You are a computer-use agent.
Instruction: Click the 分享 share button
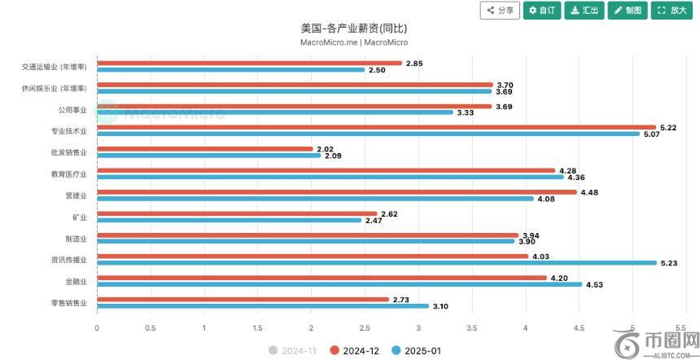[500, 11]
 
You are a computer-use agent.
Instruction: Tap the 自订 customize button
[541, 11]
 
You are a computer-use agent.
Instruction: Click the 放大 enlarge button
[672, 11]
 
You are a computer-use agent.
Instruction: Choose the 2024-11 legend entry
[292, 350]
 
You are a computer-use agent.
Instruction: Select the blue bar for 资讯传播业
[376, 263]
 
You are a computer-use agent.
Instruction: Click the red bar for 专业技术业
[376, 127]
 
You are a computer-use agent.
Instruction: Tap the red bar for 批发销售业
[205, 149]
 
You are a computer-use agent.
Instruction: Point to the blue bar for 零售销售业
[262, 306]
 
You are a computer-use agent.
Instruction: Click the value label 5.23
[669, 263]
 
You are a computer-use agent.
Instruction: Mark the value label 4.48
[589, 192]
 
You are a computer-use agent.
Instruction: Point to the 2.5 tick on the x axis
[365, 328]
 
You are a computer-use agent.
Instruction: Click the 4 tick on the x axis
[525, 328]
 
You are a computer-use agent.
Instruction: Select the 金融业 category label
[76, 281]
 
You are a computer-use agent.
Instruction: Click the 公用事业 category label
[72, 108]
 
